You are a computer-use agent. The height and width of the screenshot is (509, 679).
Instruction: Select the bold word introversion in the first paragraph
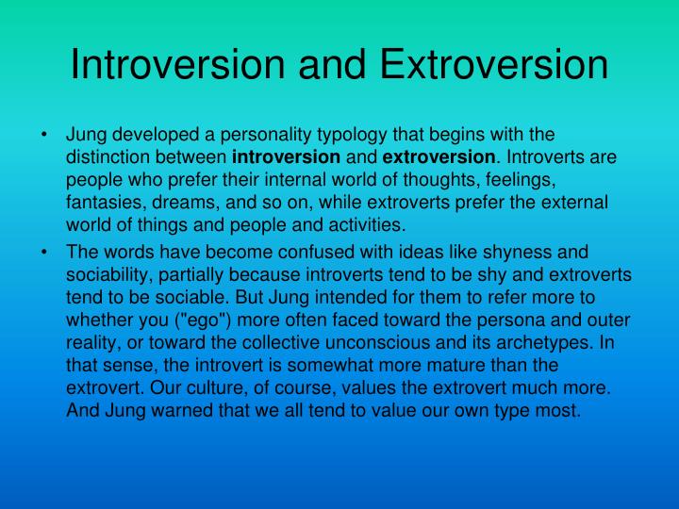[x=286, y=155]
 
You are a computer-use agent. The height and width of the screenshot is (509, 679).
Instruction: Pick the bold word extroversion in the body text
[x=438, y=155]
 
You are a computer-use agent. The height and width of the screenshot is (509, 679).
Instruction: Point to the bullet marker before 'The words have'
[x=45, y=252]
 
